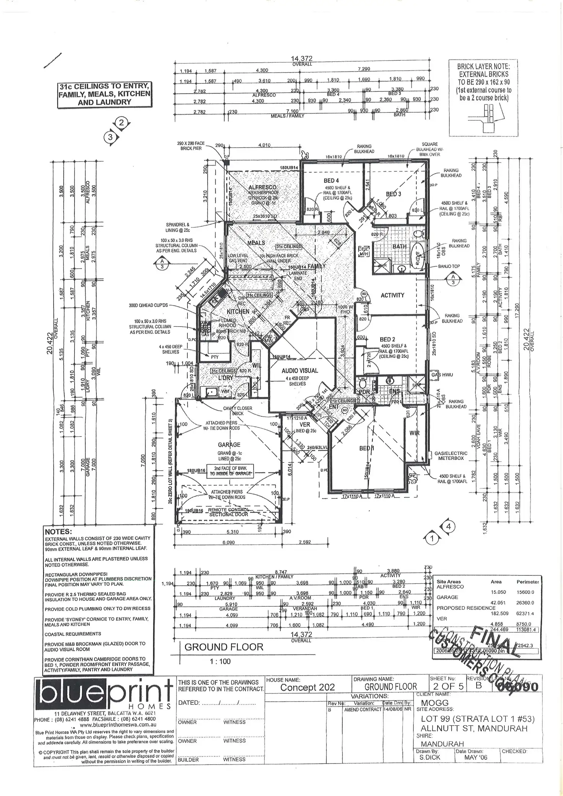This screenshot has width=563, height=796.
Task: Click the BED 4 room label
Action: [x=331, y=180]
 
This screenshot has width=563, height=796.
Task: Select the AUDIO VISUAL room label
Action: [x=299, y=370]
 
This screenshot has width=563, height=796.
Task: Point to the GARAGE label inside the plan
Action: [x=229, y=445]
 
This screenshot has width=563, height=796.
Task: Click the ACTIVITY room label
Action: [x=392, y=295]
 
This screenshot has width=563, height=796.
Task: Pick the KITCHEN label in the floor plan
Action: [x=238, y=312]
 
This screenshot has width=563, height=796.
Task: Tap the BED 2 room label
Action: [x=387, y=340]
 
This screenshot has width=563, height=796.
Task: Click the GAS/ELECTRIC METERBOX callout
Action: [x=449, y=456]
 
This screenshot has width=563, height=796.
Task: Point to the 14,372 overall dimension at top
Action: [x=301, y=59]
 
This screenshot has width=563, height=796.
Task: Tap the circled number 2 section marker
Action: [x=122, y=123]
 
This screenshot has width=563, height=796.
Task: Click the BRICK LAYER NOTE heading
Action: [x=483, y=66]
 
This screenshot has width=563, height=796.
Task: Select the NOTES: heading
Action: [x=58, y=532]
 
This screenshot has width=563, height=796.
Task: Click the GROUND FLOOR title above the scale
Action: [x=224, y=647]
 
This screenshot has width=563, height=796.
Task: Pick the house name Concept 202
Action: [x=308, y=687]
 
